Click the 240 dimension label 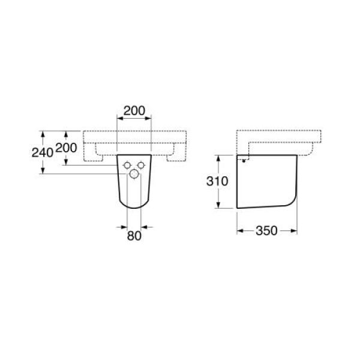point(43,152)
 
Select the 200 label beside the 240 point(67,148)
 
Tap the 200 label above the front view point(134,110)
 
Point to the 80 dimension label point(134,236)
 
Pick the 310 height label point(217,181)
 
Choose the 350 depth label point(266,230)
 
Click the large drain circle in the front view point(134,174)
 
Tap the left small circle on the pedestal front point(127,165)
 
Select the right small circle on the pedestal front point(141,165)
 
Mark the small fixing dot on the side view point(244,161)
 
